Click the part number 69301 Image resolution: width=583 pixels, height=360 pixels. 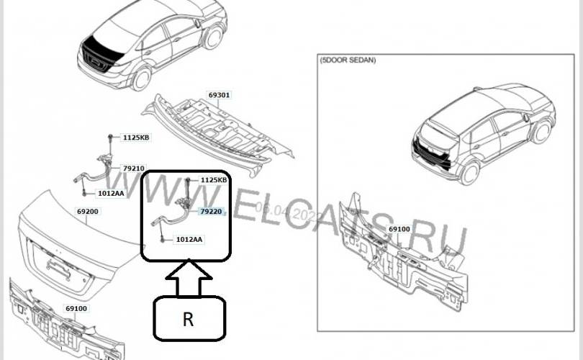[x=220, y=94]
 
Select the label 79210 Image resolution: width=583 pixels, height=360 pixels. [x=133, y=168]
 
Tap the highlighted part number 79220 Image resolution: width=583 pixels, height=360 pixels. [x=211, y=212]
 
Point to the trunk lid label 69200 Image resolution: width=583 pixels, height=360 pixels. [x=87, y=212]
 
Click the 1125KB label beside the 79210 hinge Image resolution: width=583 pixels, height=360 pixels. [x=135, y=137]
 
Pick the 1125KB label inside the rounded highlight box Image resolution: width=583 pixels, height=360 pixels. [x=213, y=180]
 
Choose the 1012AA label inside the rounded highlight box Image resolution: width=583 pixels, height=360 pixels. [x=189, y=239]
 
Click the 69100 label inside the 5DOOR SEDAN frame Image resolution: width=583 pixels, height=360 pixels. [x=399, y=229]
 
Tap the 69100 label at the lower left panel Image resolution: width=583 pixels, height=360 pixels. [x=76, y=308]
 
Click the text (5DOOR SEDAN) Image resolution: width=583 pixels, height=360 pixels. [x=348, y=61]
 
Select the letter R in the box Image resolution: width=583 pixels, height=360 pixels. [x=188, y=320]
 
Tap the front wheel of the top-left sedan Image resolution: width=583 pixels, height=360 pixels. [x=213, y=36]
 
